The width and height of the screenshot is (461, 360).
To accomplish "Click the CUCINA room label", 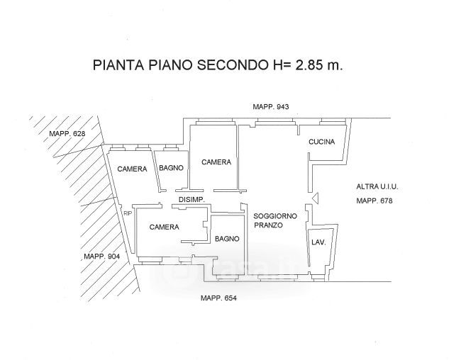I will pos(321,142).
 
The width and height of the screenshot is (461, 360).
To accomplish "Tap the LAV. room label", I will pos(318,242).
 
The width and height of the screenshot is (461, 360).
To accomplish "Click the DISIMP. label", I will pos(191,200).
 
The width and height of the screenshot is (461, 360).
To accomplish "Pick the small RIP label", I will pos(128,213).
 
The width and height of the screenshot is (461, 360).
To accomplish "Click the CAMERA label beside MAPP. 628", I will pos(132,169).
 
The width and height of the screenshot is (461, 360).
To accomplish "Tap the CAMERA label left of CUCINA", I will pos(216,162).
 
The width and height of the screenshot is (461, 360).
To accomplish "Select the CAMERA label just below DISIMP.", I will pos(163,227).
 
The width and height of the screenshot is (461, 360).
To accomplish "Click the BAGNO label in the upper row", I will pos(172,168).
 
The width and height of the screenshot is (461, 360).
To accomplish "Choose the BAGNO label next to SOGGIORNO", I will pos(228,238).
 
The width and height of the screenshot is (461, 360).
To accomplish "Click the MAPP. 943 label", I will pos(272,106).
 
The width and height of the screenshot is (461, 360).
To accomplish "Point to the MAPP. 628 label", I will pos(67,134).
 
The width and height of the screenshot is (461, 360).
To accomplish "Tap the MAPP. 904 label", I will pos(101,257).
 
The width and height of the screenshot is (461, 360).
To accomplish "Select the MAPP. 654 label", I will pos(218,298).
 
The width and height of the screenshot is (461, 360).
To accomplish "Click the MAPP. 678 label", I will pos(375,201).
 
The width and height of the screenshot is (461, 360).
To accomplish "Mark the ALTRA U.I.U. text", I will pos(377,186).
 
